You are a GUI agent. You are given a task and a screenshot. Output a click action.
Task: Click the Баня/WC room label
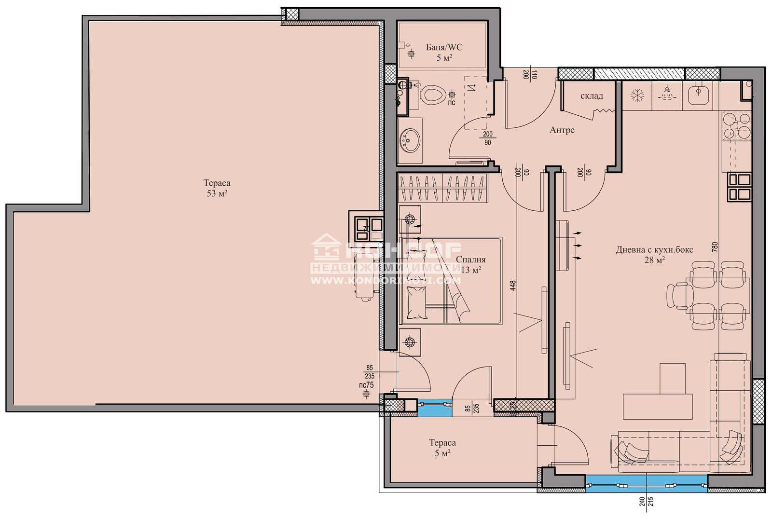click(x=444, y=47)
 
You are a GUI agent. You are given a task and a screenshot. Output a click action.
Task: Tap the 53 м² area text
click(x=217, y=193)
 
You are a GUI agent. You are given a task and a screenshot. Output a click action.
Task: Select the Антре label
click(x=562, y=130)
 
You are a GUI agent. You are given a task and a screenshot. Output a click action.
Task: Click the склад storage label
click(x=592, y=96)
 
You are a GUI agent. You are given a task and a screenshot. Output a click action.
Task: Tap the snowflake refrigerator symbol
click(x=637, y=95)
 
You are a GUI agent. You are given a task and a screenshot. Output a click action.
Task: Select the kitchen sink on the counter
click(x=698, y=95)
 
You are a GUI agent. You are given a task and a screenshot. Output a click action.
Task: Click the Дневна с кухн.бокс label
click(x=654, y=250)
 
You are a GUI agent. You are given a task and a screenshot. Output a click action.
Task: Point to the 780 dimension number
click(x=715, y=246)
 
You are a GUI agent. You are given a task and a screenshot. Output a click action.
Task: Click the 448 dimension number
click(x=513, y=286)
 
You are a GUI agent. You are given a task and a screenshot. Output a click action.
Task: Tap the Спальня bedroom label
click(x=470, y=259)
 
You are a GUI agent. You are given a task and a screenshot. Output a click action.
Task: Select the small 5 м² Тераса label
click(x=442, y=448)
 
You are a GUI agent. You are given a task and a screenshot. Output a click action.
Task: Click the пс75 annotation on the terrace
click(x=367, y=385)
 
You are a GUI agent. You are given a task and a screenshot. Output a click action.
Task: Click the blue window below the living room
click(x=646, y=483)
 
